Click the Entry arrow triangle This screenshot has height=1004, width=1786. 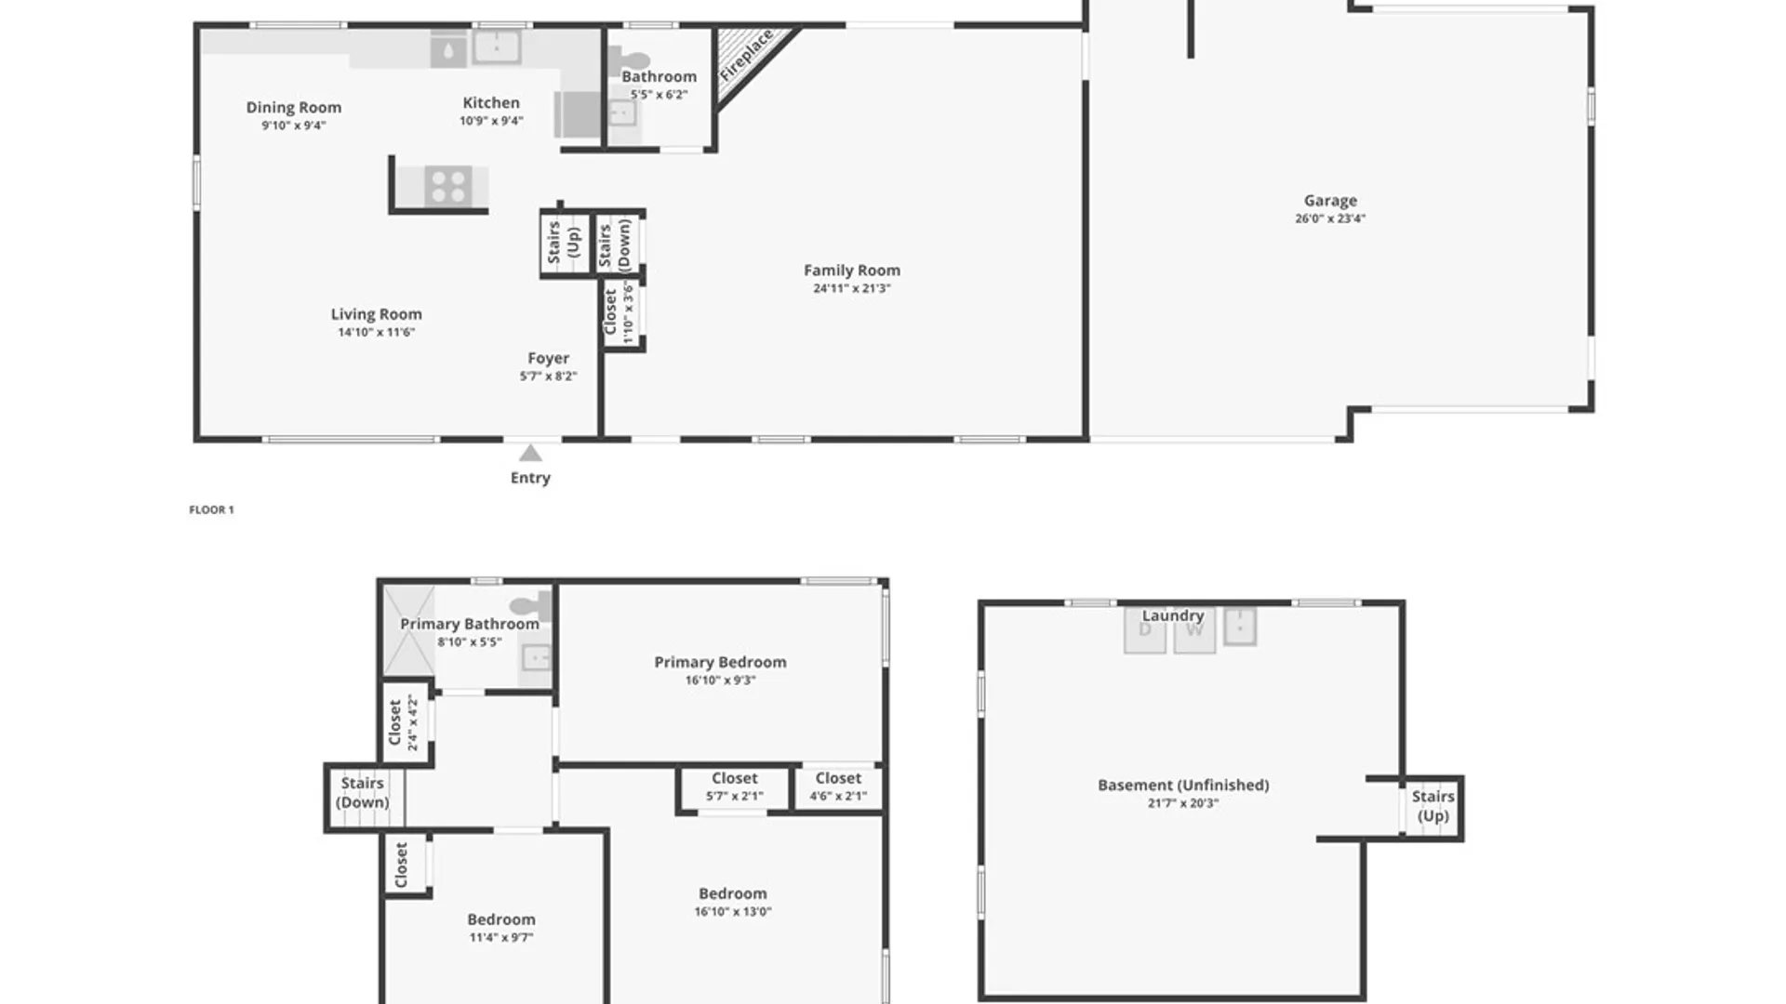click(x=530, y=453)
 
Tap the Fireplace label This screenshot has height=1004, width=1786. click(x=747, y=56)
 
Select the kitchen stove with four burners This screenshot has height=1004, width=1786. click(x=447, y=186)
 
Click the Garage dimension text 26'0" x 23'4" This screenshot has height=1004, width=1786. click(x=1330, y=218)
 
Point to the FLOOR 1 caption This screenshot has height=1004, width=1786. click(x=212, y=509)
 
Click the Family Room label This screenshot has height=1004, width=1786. click(x=852, y=271)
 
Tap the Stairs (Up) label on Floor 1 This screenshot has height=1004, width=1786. click(x=564, y=242)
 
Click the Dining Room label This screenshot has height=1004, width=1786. click(x=294, y=108)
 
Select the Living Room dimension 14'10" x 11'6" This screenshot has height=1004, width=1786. click(x=377, y=332)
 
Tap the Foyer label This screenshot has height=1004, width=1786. click(x=549, y=359)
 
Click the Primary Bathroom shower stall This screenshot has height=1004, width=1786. click(x=409, y=630)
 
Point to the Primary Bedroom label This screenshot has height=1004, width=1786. click(x=721, y=662)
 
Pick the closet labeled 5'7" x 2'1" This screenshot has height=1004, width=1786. click(x=735, y=788)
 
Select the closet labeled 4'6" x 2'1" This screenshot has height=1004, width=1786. click(x=838, y=788)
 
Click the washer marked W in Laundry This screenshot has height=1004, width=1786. click(x=1195, y=631)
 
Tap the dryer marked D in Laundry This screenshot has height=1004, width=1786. click(x=1145, y=631)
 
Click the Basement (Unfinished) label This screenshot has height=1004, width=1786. click(x=1183, y=786)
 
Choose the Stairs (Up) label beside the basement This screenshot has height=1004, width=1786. click(x=1433, y=806)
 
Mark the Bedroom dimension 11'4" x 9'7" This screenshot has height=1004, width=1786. click(x=501, y=937)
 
